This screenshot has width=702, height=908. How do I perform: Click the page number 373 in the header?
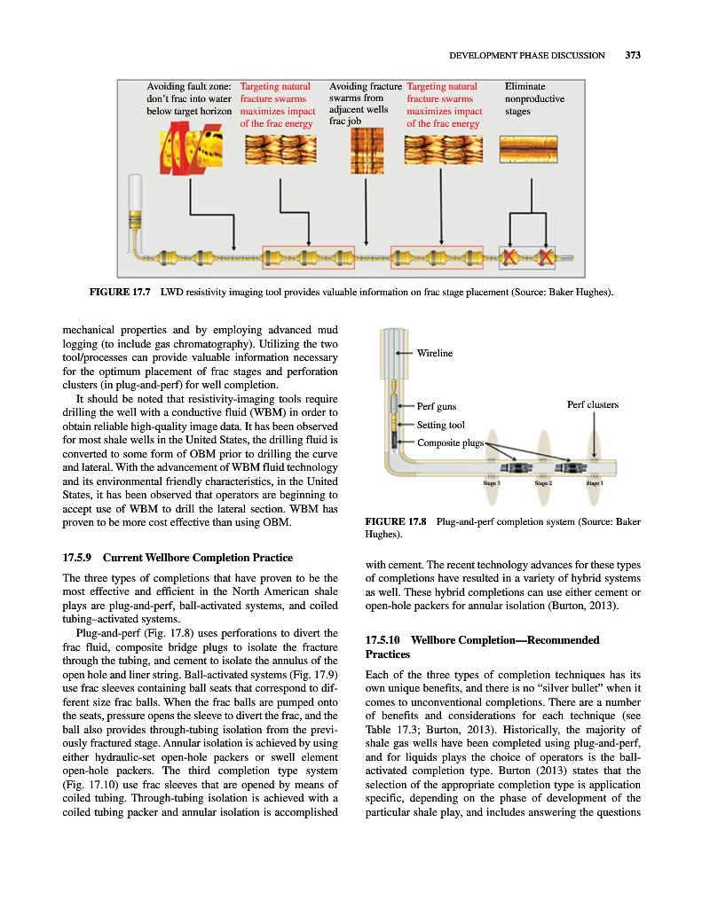(632, 55)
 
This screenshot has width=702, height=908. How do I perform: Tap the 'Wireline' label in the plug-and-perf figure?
(435, 353)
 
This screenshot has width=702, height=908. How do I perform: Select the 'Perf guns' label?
(437, 407)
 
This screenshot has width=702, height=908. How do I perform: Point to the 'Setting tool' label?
(441, 425)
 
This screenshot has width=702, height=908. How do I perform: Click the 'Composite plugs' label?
(450, 442)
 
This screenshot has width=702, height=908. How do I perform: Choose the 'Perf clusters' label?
(592, 405)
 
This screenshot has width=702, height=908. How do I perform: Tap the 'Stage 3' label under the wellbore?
(492, 483)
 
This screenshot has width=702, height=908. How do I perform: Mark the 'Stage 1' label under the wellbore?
(595, 483)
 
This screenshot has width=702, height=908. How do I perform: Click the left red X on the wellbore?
(511, 257)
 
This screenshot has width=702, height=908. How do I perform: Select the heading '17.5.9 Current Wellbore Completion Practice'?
(177, 559)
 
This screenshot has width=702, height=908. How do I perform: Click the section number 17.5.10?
(385, 640)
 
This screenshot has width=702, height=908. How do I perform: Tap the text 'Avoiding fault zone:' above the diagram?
(188, 86)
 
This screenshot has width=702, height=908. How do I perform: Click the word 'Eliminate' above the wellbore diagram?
(525, 86)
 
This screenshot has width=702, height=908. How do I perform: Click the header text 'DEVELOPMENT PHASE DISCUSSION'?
(527, 55)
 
